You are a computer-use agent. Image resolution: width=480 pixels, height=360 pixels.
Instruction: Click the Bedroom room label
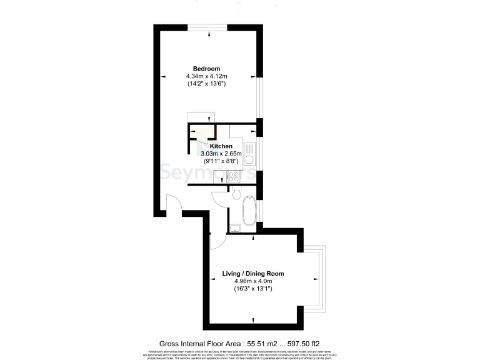coord(206,68)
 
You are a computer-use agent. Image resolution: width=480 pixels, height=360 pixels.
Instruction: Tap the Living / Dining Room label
coord(254,274)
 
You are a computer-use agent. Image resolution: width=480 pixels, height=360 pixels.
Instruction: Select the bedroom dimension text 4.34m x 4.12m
coord(206,76)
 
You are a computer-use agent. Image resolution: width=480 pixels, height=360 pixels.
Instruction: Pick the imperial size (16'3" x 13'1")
coord(254,289)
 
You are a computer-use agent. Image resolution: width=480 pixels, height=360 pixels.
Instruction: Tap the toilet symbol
coord(236,196)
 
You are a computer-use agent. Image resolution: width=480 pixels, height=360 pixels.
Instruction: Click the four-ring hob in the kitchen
coord(235,176)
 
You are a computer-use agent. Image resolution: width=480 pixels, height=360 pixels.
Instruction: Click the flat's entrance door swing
coord(172,205)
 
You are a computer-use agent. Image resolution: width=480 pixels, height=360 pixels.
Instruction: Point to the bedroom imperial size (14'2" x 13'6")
coord(206,84)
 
